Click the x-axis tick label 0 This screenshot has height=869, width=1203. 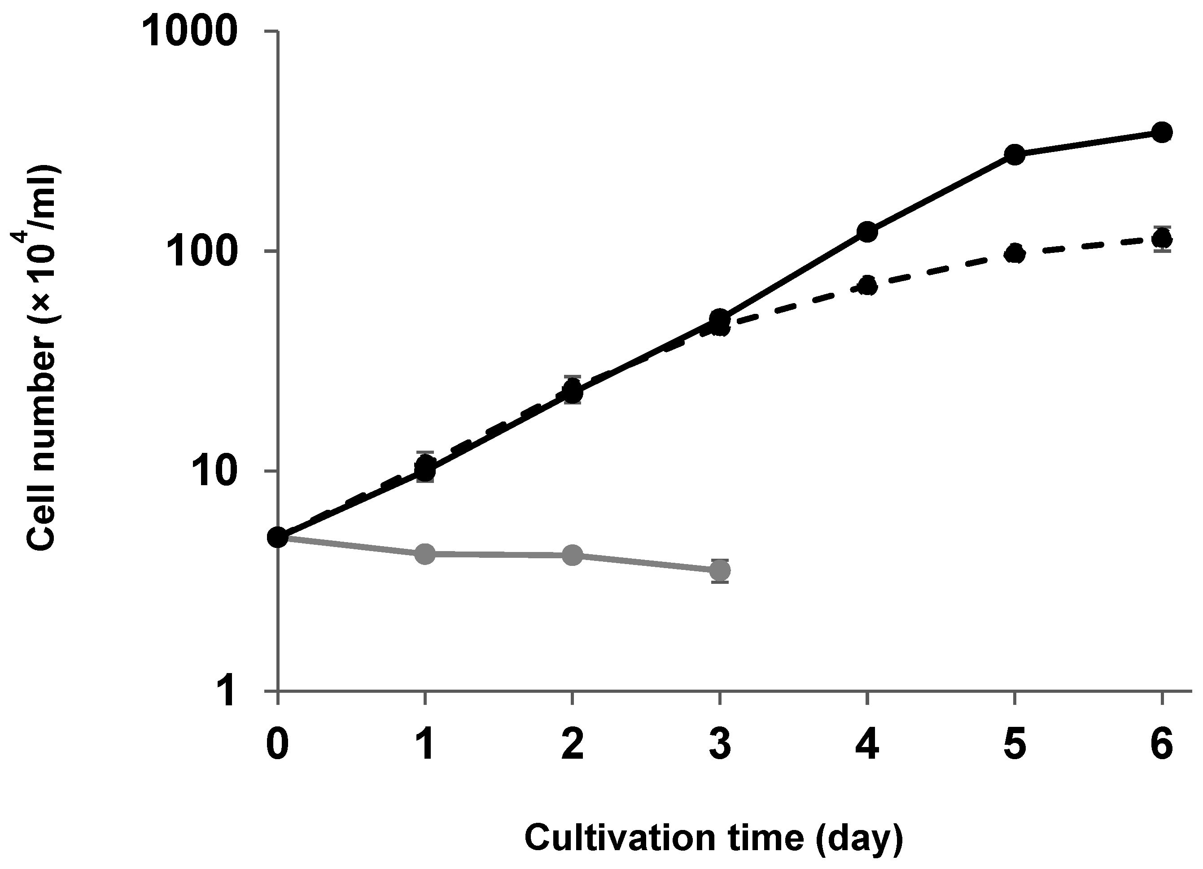(x=277, y=746)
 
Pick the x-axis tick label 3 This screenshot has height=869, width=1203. (x=720, y=746)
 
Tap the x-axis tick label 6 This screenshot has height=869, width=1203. (x=1162, y=746)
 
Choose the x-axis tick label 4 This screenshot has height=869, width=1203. (x=867, y=746)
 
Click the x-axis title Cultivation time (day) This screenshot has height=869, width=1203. (x=713, y=838)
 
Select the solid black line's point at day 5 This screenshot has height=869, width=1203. (x=1014, y=154)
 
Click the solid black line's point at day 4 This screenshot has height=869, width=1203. (x=867, y=232)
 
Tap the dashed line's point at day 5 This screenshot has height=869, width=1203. (x=1014, y=254)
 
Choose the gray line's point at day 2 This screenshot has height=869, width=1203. (x=572, y=555)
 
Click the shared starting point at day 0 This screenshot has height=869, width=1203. (x=277, y=538)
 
